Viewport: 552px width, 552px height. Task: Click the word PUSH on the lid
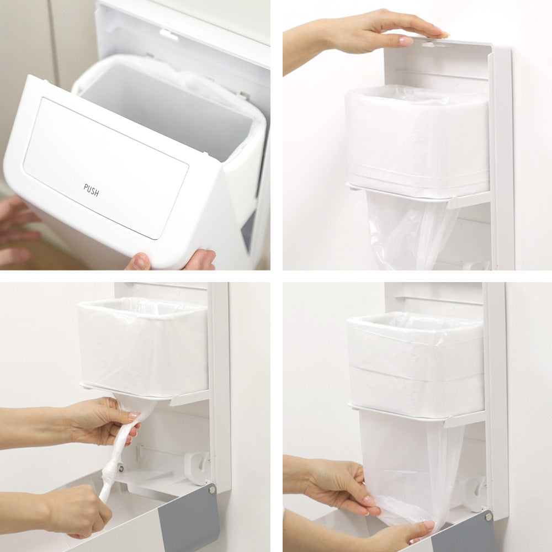coord(91,190)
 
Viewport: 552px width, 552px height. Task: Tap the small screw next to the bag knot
coord(121,469)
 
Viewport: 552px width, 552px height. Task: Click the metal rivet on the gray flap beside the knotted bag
coord(212,490)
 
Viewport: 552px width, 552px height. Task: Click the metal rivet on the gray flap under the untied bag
coord(489,517)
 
